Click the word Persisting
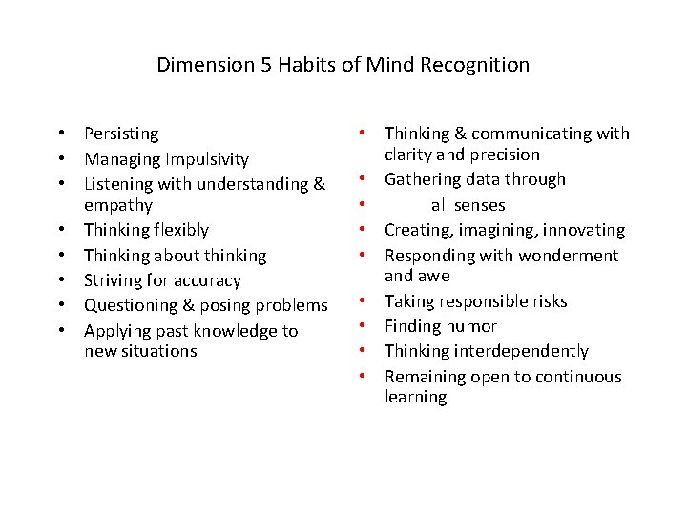(121, 134)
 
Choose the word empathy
(118, 205)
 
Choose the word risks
(547, 301)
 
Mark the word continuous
(570, 377)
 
